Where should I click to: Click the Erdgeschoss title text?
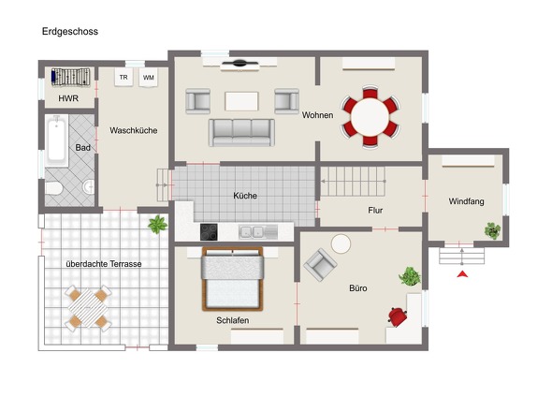point(70,32)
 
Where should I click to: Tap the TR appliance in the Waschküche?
point(123,77)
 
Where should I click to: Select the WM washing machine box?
point(148,77)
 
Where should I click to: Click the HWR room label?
point(68,98)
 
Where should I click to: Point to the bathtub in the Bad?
point(56,140)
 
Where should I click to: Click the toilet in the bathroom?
point(54,188)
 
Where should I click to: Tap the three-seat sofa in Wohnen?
point(241,133)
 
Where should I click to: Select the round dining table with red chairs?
point(370,117)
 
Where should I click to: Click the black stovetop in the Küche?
point(209,232)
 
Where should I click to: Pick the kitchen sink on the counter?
point(258,232)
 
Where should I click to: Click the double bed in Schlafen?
point(232,279)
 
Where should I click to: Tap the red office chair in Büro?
point(398,316)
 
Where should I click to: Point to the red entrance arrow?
point(462,273)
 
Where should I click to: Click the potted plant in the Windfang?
point(492,231)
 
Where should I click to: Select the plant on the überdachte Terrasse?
point(157,225)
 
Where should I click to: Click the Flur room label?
point(375,211)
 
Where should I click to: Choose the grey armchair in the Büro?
point(320,264)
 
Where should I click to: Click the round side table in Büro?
point(341,243)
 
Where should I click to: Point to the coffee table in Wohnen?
point(241,101)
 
